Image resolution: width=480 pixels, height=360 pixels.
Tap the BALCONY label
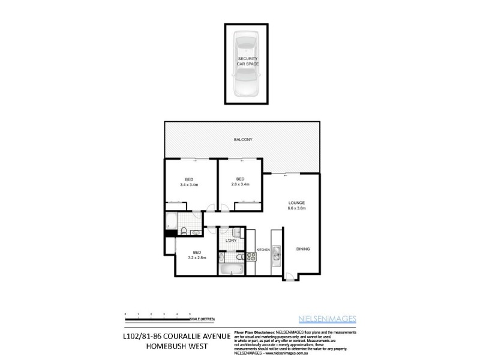(243, 140)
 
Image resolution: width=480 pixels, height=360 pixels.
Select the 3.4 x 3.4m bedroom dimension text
(189, 185)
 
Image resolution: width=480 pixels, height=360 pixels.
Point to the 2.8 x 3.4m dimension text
(240, 185)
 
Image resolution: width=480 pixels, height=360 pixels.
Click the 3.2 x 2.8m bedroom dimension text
(196, 258)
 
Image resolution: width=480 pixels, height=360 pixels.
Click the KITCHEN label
(263, 250)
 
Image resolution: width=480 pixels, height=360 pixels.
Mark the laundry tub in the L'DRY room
(236, 232)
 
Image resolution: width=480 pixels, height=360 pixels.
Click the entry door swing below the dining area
(289, 277)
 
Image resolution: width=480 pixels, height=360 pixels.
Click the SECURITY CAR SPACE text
(247, 61)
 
